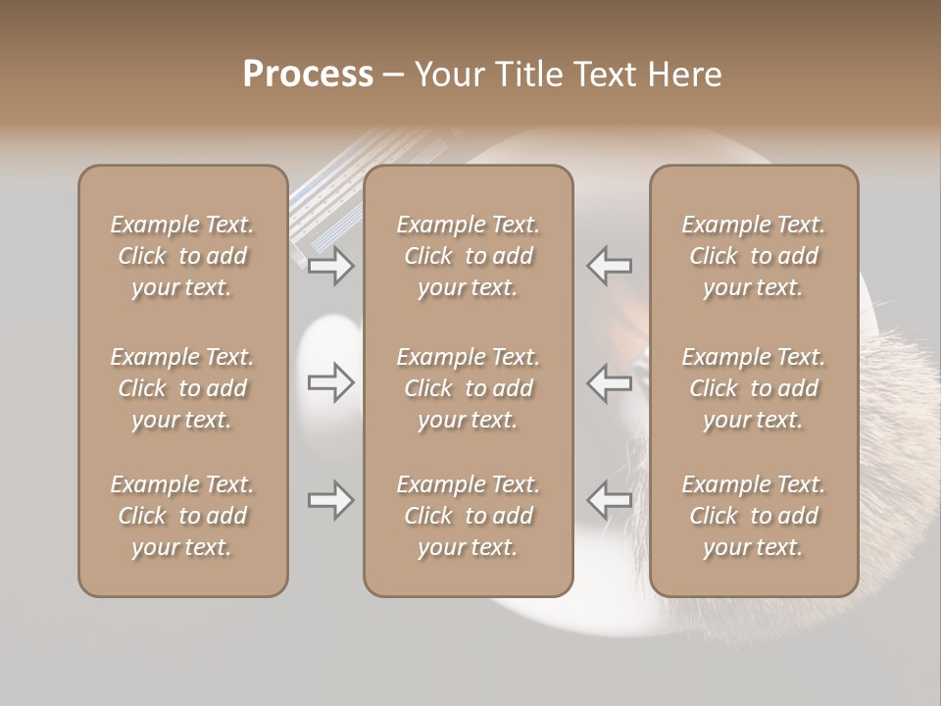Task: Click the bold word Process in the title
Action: click(x=308, y=74)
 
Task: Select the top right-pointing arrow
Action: click(x=330, y=265)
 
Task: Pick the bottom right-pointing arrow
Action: click(x=330, y=500)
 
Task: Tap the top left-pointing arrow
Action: click(x=609, y=265)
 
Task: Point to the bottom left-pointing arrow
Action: click(x=609, y=500)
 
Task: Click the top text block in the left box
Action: click(x=182, y=256)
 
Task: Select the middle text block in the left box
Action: click(x=182, y=388)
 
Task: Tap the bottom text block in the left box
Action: click(x=182, y=516)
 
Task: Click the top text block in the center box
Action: click(x=468, y=256)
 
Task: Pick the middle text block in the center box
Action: click(x=468, y=388)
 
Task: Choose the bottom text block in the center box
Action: click(x=468, y=516)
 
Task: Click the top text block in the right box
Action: click(x=753, y=256)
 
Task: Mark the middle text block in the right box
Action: click(x=753, y=388)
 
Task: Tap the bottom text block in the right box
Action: click(x=753, y=516)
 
